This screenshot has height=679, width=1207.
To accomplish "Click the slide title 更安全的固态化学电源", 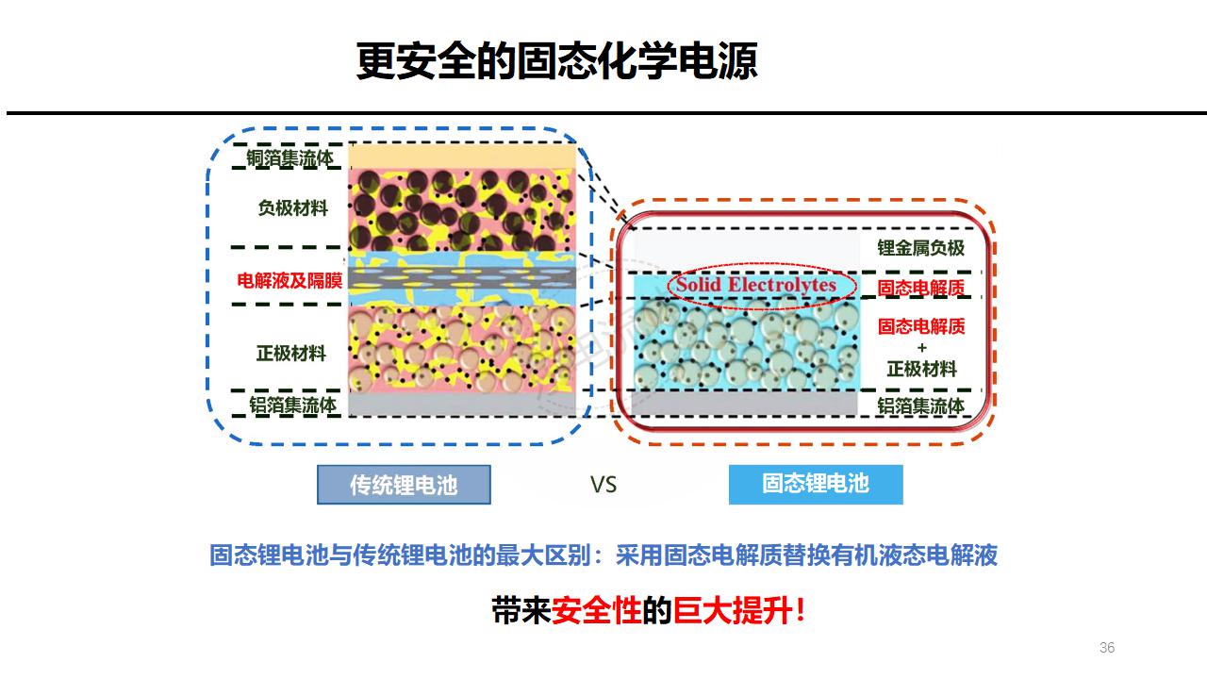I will pyautogui.click(x=556, y=61).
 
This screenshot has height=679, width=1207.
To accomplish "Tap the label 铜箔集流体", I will pyautogui.click(x=289, y=158).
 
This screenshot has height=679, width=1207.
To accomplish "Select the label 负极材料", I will pyautogui.click(x=292, y=207).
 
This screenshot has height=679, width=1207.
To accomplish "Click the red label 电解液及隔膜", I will pyautogui.click(x=289, y=280).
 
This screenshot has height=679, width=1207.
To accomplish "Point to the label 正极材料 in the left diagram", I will pyautogui.click(x=291, y=354).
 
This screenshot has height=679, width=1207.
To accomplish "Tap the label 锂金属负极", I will pyautogui.click(x=920, y=248).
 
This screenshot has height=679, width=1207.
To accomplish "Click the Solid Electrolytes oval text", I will pyautogui.click(x=756, y=284).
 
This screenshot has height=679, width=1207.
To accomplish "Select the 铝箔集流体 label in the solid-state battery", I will pyautogui.click(x=920, y=406).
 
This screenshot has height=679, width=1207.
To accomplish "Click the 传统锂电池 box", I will pyautogui.click(x=404, y=485).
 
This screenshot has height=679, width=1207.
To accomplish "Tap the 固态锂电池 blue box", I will pyautogui.click(x=816, y=484).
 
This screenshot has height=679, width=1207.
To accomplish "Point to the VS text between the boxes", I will pyautogui.click(x=603, y=485).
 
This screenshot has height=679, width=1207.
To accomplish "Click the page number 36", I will pyautogui.click(x=1107, y=648).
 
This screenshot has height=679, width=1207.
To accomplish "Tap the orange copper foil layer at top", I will pyautogui.click(x=461, y=156).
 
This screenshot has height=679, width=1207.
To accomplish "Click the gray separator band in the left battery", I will pyautogui.click(x=461, y=277).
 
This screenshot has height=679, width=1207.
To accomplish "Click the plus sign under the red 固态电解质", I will pyautogui.click(x=921, y=348).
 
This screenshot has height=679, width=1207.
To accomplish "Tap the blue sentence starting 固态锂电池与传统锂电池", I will pyautogui.click(x=603, y=555).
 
